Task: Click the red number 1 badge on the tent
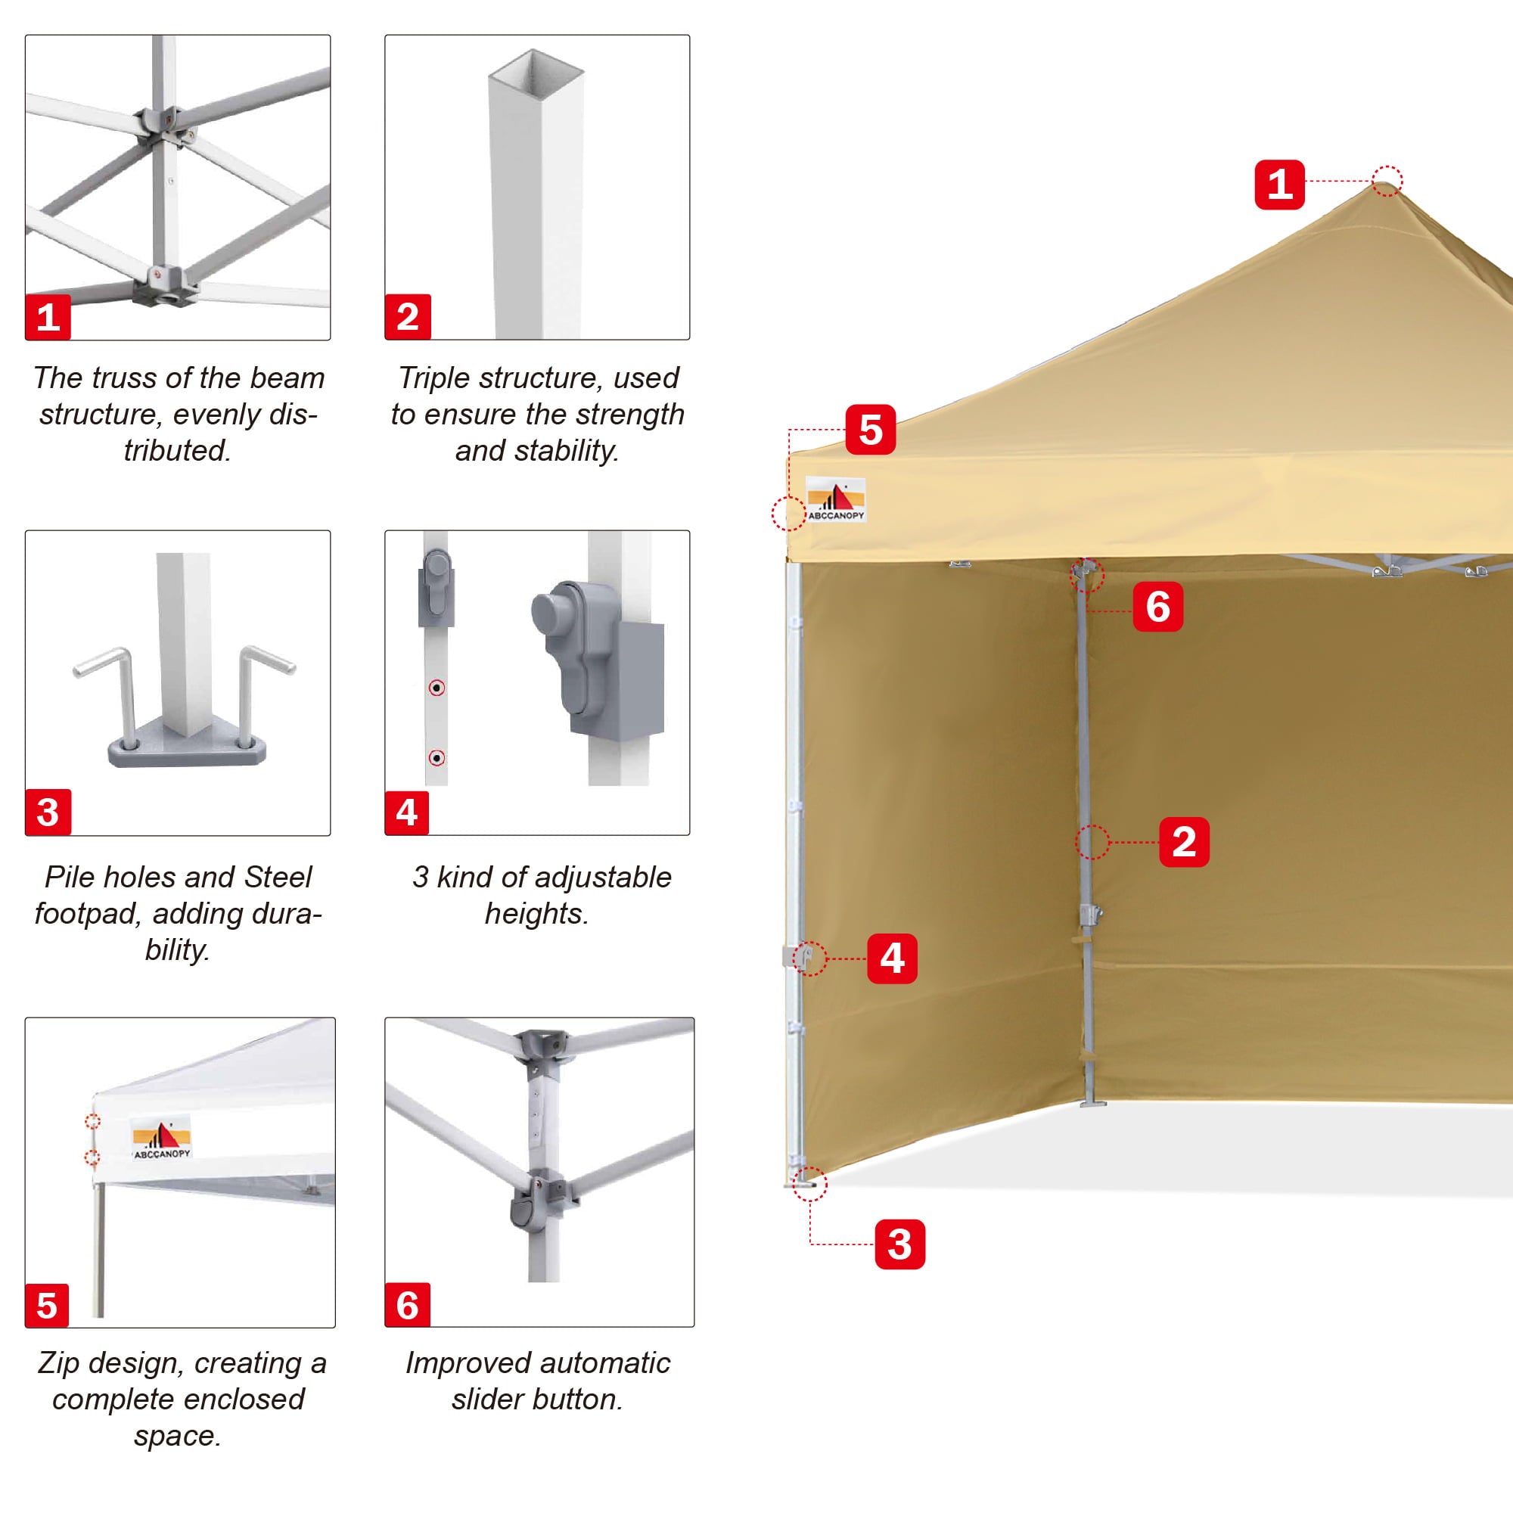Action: pyautogui.click(x=1278, y=185)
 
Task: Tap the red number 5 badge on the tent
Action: pyautogui.click(x=870, y=429)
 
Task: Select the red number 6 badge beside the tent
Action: pyautogui.click(x=1157, y=606)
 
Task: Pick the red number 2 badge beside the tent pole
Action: pyautogui.click(x=1183, y=842)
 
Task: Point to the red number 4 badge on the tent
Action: pyautogui.click(x=892, y=958)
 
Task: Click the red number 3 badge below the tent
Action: pyautogui.click(x=899, y=1244)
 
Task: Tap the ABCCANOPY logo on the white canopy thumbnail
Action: pyautogui.click(x=161, y=1139)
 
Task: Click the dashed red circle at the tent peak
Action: pyautogui.click(x=1387, y=181)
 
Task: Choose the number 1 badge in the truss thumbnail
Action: pyautogui.click(x=48, y=316)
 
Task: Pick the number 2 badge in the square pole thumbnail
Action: pyautogui.click(x=407, y=316)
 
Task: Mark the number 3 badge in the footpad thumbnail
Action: pyautogui.click(x=48, y=812)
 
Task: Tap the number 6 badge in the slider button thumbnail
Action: pyautogui.click(x=407, y=1305)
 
